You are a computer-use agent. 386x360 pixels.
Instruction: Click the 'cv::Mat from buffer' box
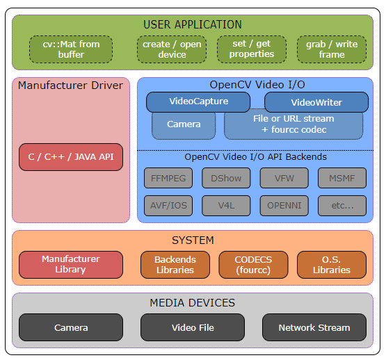(71, 49)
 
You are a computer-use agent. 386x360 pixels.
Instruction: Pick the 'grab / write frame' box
(331, 49)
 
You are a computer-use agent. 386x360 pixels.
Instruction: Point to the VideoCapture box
(198, 101)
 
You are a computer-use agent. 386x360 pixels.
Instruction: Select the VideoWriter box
(316, 102)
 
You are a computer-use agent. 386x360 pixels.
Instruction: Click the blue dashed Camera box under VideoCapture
(184, 125)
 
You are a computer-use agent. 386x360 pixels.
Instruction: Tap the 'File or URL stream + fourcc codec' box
(293, 124)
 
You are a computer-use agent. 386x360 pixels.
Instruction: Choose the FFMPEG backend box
(168, 178)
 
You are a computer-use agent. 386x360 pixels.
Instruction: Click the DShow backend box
(226, 178)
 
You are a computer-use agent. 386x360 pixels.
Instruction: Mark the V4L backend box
(226, 206)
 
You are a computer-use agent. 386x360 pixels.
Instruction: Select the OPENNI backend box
(284, 206)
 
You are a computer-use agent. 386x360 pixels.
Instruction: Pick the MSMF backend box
(341, 178)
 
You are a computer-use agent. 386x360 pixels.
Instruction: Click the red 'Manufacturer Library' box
(71, 265)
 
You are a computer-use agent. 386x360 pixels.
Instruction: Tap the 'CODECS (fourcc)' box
(253, 265)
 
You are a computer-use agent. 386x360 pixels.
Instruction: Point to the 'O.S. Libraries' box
(331, 265)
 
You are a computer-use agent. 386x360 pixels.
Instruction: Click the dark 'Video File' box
(193, 327)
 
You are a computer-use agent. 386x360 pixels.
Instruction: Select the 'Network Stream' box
(314, 327)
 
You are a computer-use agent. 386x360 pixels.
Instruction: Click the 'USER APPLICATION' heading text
(193, 25)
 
